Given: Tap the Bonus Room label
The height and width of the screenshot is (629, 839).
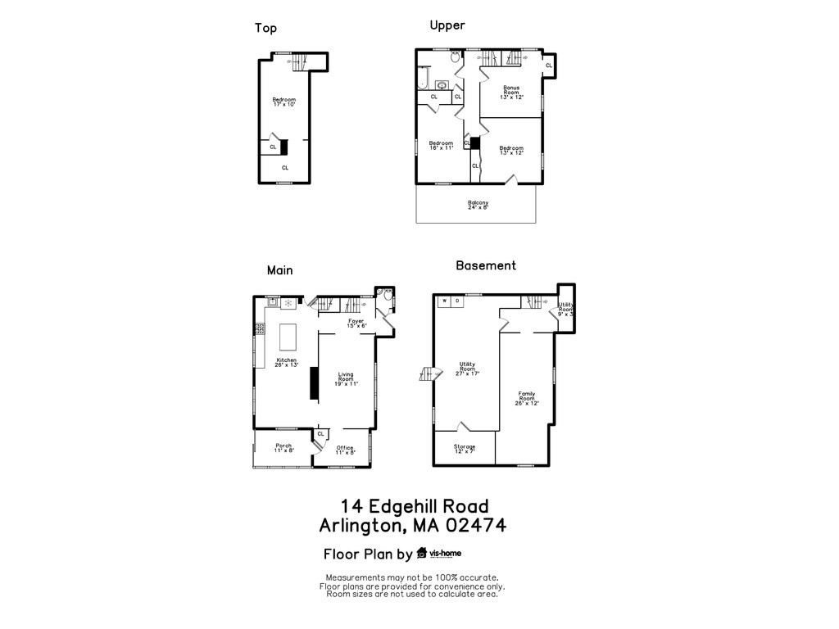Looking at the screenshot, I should tap(511, 92).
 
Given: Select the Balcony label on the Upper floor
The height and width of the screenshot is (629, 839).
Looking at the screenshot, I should tap(478, 205).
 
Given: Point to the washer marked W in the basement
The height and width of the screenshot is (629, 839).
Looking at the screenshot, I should tap(445, 301).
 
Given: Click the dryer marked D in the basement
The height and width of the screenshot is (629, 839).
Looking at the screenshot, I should tap(457, 301).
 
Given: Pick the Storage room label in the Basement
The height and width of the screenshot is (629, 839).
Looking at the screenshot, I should tap(465, 449).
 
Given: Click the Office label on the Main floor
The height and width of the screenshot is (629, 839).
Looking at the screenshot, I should tap(345, 450).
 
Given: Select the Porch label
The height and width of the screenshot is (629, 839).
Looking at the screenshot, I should tap(283, 448).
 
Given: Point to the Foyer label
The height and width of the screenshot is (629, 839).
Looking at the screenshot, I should tap(356, 323).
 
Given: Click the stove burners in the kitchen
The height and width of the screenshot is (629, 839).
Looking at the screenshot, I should tap(260, 328).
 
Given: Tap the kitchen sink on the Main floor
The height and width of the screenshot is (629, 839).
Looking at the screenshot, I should tap(271, 302).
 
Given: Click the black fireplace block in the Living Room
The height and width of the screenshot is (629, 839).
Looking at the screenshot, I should tap(313, 383).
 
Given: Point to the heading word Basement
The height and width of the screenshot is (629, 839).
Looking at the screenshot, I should tap(486, 265).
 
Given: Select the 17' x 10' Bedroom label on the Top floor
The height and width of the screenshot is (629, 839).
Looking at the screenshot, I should tap(284, 102).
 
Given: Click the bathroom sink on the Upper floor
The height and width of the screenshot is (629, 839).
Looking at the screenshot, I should tap(442, 84).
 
